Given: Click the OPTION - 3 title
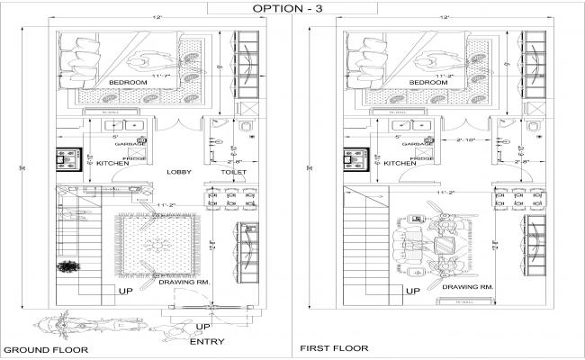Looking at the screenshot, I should pos(283,8).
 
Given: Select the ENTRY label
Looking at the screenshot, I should pos(206,341).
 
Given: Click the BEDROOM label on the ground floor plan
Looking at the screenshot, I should pos(127,82).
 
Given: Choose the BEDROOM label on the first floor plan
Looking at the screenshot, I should pos(427,82).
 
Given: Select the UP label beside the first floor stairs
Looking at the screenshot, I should pos(411,292).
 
